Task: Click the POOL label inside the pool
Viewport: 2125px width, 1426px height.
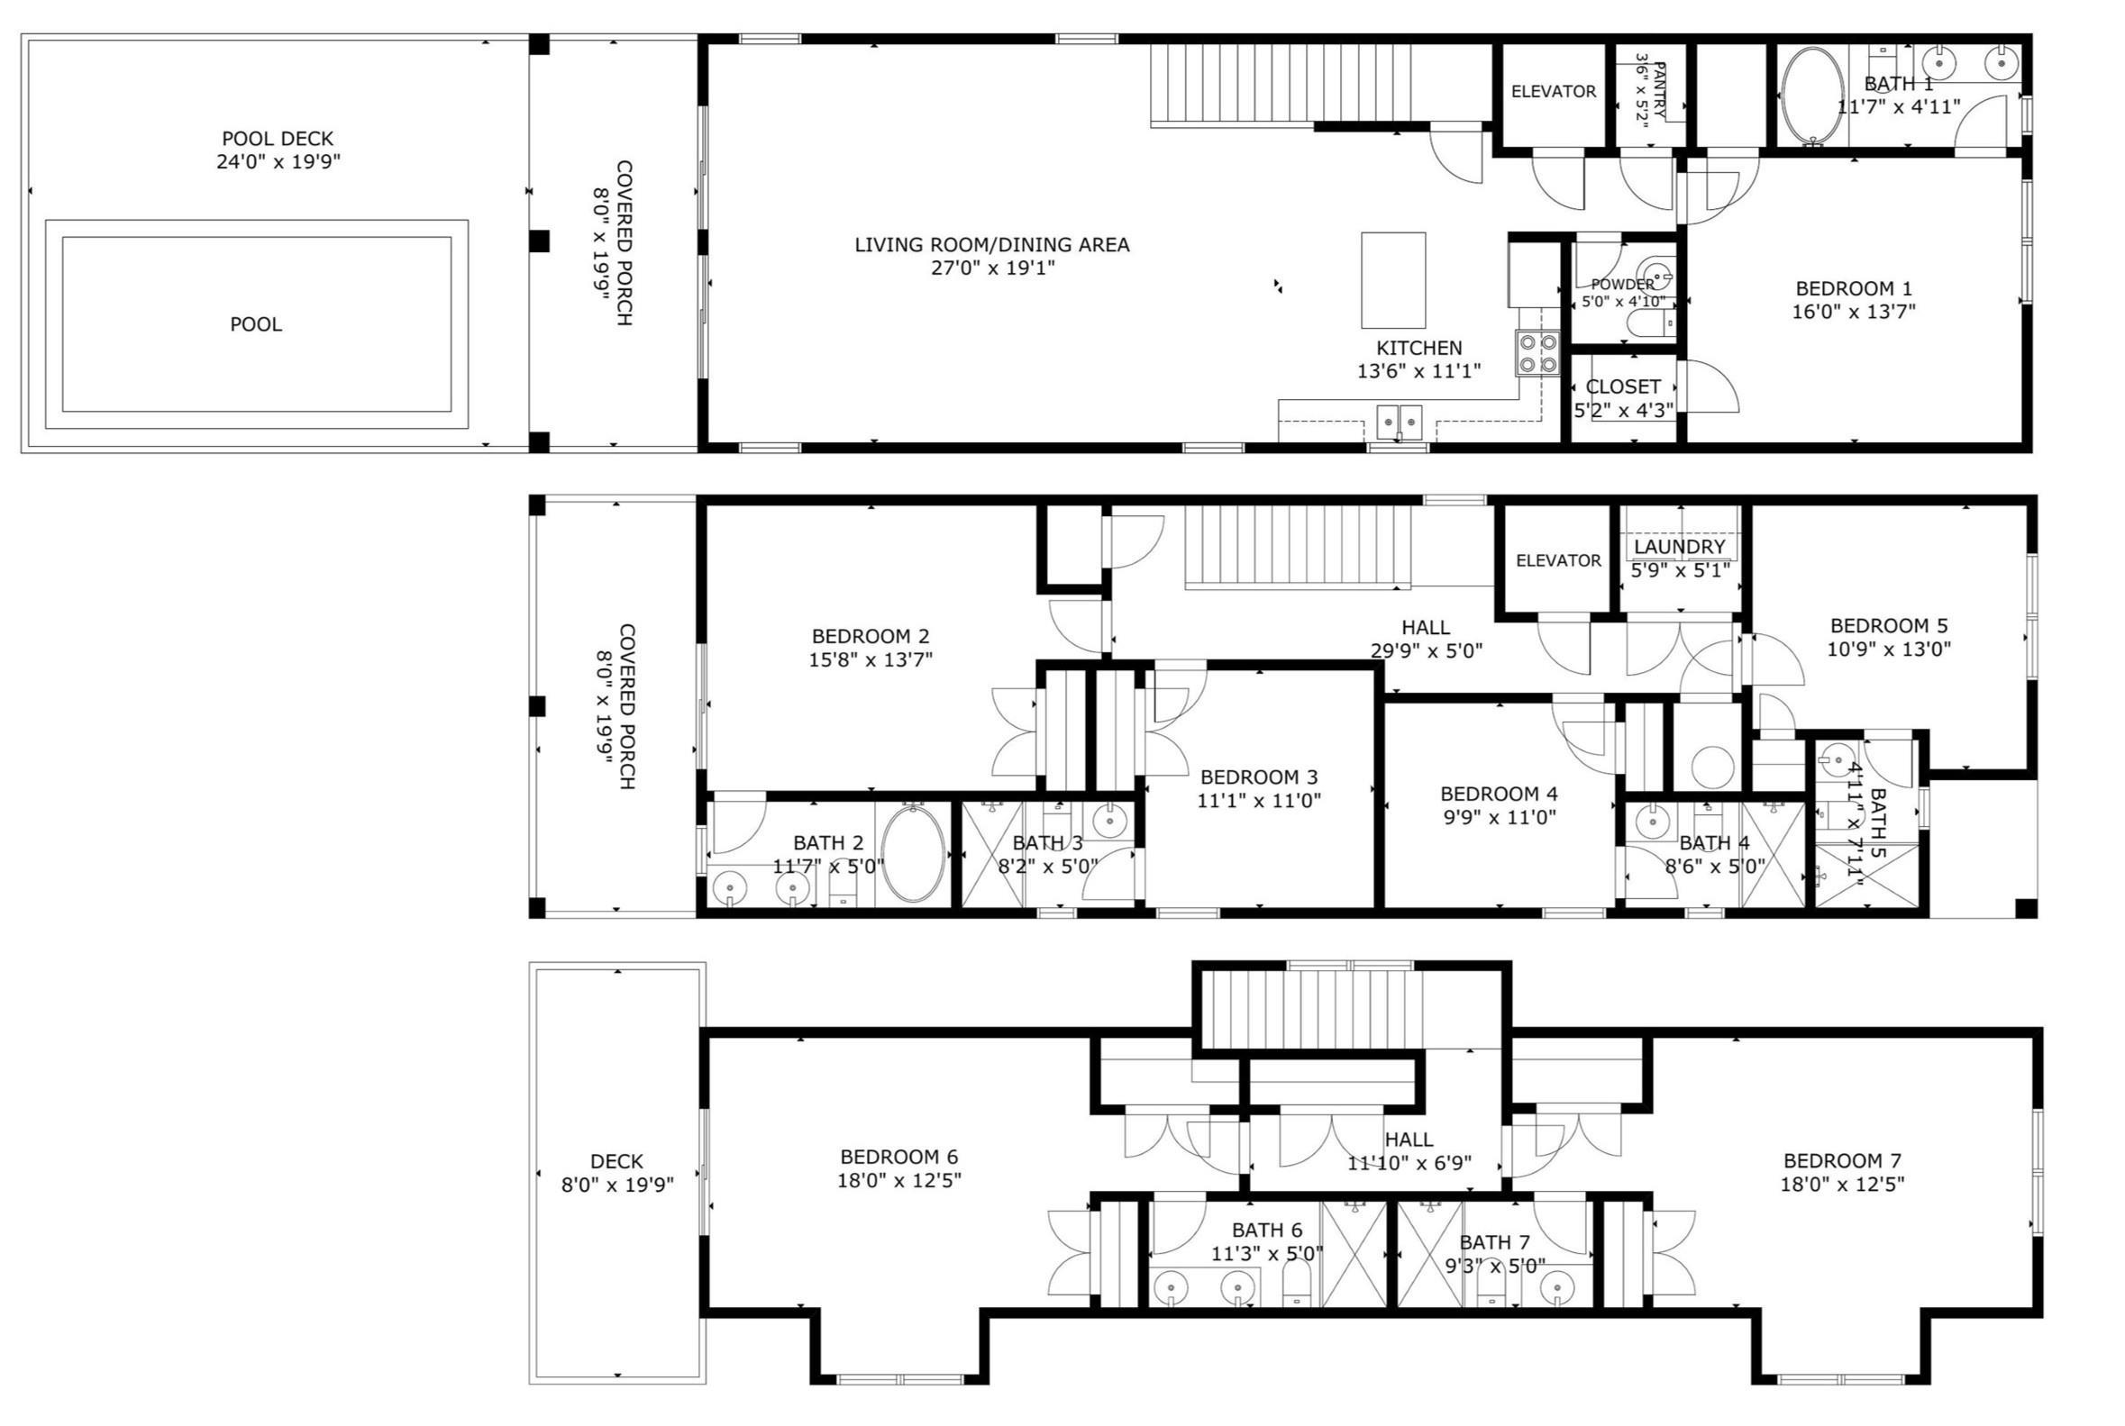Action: (x=256, y=324)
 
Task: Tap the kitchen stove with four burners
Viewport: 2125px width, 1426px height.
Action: (x=1537, y=354)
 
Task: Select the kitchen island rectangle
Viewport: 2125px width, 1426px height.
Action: (x=1392, y=280)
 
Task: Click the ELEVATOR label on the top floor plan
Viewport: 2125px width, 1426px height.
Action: (x=1554, y=91)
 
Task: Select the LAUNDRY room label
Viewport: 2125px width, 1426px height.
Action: (x=1679, y=547)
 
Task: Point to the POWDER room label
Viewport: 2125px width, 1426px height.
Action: (x=1623, y=285)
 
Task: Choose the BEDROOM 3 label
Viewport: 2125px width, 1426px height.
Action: (x=1259, y=777)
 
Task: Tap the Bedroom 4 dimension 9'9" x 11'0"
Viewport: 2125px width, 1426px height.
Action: (x=1499, y=818)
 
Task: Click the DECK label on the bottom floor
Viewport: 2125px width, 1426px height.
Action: (x=616, y=1161)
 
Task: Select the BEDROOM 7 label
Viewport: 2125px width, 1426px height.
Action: (x=1842, y=1161)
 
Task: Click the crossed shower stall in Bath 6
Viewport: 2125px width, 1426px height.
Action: (x=1354, y=1254)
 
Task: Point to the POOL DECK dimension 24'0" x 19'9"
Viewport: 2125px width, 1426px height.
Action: (x=278, y=163)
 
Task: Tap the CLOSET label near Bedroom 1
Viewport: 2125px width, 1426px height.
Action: (x=1623, y=386)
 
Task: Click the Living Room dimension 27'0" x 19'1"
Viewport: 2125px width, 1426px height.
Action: (x=992, y=268)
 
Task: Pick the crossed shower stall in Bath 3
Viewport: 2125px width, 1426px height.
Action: (x=992, y=853)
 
